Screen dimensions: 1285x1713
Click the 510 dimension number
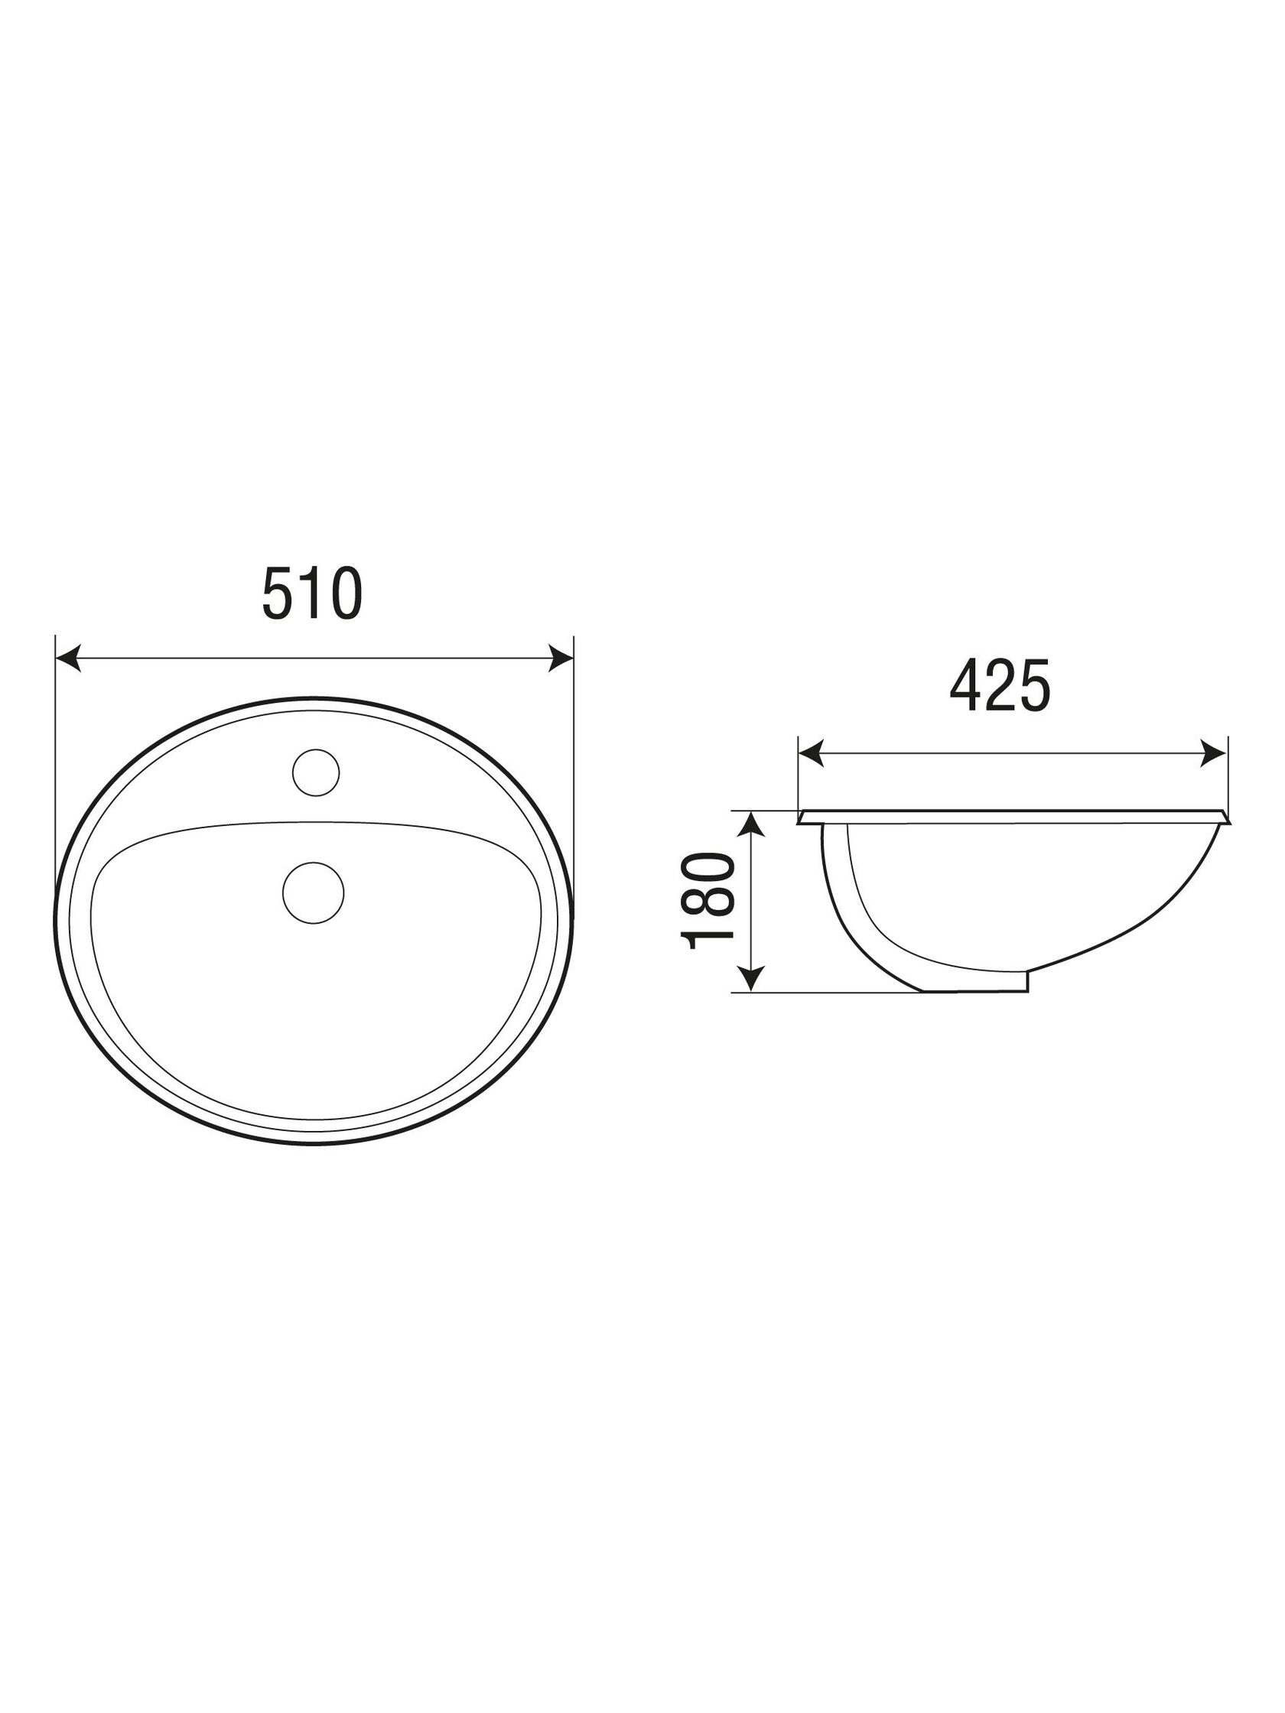click(x=312, y=593)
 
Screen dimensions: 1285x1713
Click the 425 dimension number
click(x=999, y=685)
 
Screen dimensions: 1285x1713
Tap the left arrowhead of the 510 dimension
click(x=68, y=659)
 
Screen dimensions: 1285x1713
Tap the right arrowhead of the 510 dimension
click(x=561, y=659)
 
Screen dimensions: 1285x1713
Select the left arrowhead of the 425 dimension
click(x=810, y=752)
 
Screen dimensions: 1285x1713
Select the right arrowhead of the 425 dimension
click(x=1215, y=752)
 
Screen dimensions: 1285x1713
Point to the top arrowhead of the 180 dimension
click(x=751, y=824)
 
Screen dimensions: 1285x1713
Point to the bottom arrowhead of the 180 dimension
click(x=751, y=980)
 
